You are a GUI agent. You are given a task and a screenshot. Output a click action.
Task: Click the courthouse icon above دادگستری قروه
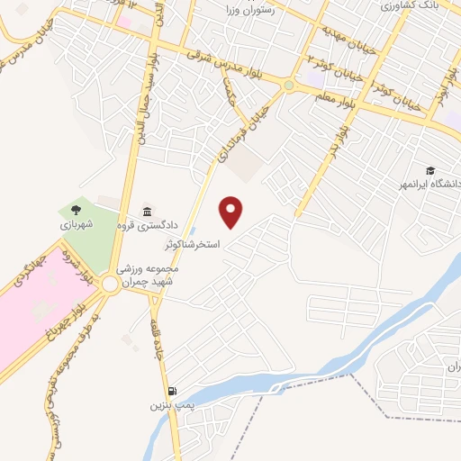click(149, 210)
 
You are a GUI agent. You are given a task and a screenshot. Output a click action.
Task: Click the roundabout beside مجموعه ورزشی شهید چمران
click(110, 284)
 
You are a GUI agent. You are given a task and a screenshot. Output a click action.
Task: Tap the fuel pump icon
click(172, 392)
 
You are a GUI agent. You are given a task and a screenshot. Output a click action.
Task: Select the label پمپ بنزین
click(167, 407)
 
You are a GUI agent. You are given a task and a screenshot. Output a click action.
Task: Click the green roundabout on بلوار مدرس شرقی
click(288, 86)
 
